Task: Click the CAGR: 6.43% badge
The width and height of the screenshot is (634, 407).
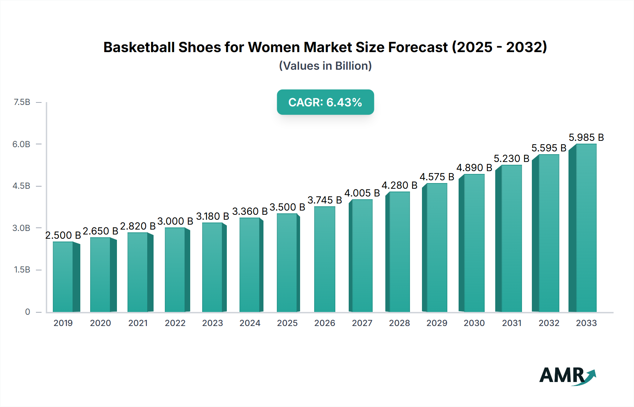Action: (325, 102)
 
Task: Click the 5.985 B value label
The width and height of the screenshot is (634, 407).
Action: (586, 137)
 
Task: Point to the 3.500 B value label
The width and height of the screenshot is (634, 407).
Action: (287, 207)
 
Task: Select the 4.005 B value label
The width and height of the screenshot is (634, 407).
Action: (362, 193)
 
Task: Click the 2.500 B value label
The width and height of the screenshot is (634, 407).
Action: (63, 235)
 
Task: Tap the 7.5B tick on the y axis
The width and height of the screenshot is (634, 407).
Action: (22, 102)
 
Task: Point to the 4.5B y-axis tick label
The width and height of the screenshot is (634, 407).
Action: (21, 186)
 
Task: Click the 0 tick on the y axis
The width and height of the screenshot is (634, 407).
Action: (27, 312)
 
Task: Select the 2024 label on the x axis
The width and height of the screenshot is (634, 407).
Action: (250, 323)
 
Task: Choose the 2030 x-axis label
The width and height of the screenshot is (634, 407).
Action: (474, 323)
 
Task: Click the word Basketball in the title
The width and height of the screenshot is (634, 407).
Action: (139, 47)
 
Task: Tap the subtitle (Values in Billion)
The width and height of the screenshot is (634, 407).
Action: (325, 66)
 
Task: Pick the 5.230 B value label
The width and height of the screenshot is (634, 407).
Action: (511, 158)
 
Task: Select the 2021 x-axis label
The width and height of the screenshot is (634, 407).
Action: (138, 323)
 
